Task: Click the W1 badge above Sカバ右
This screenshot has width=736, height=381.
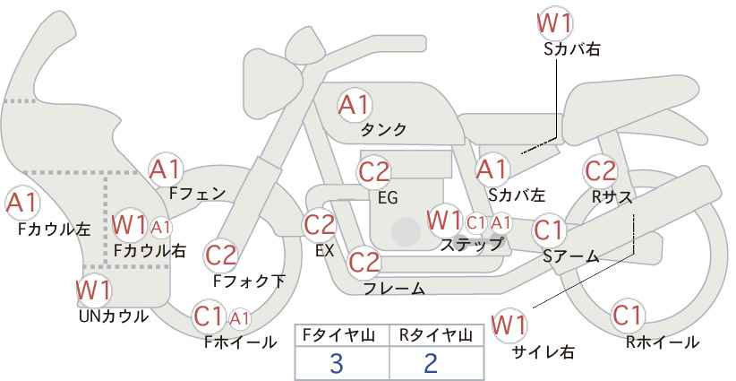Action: pos(554,22)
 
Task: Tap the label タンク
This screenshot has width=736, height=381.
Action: pos(383,130)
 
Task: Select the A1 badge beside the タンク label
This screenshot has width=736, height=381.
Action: pos(354,105)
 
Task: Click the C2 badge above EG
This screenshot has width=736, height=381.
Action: pos(374,171)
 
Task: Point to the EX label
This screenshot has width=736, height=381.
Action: pos(324,251)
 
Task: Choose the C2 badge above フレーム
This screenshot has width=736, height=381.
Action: pos(364,263)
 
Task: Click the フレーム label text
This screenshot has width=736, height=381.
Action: pos(394,289)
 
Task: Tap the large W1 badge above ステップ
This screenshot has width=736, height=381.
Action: pos(445,220)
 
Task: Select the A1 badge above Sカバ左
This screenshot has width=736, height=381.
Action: pos(492,169)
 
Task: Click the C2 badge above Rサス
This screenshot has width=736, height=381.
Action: pos(600,170)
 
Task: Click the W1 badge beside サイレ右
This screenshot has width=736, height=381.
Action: pos(510,323)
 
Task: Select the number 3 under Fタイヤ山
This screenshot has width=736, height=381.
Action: pos(337,363)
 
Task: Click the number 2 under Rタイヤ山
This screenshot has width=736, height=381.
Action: pos(432,363)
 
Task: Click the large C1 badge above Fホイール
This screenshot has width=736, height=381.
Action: pos(209,316)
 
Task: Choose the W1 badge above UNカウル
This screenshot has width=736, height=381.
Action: pos(93,290)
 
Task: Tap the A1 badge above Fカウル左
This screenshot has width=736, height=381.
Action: pos(21,203)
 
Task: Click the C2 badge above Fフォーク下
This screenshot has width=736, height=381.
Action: pos(221,255)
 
